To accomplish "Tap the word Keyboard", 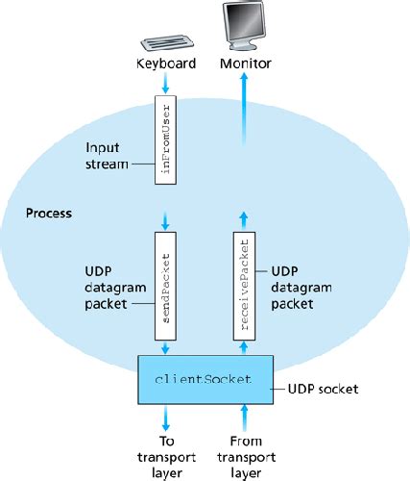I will (167, 64).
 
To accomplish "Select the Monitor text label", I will (246, 64).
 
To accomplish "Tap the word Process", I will (51, 212).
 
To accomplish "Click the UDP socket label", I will (326, 390).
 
